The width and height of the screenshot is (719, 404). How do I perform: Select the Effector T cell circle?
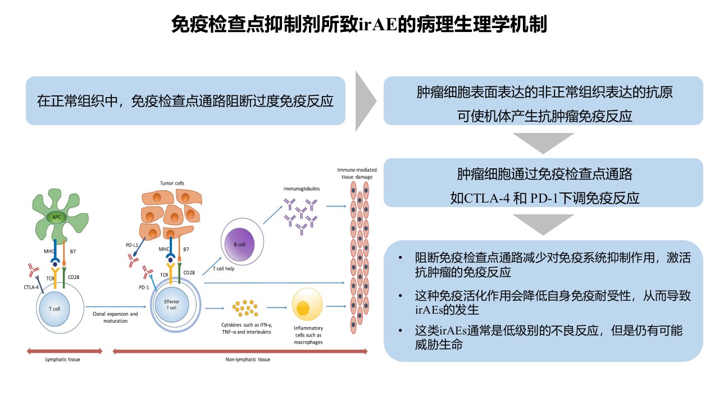tap(176, 305)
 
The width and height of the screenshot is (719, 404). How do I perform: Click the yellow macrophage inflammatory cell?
tap(307, 304)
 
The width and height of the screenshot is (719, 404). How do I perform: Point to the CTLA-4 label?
tap(31, 287)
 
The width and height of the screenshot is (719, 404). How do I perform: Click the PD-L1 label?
tap(132, 245)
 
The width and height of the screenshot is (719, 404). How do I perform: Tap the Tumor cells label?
tap(172, 183)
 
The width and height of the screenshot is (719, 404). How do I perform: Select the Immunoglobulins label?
tap(302, 189)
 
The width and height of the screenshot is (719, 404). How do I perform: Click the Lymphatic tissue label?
tap(62, 360)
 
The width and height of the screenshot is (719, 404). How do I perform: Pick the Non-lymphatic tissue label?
tap(248, 360)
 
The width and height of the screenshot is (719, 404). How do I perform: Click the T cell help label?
tap(224, 268)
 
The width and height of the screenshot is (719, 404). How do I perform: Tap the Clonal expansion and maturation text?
tap(115, 317)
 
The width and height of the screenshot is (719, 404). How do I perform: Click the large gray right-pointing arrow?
tap(365, 100)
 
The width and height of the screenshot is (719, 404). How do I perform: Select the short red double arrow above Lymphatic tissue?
tap(65, 351)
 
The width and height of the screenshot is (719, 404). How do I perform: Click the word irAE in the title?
tap(378, 24)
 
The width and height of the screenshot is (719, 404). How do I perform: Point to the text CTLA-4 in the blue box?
tap(486, 198)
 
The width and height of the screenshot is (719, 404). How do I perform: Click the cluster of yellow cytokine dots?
tap(245, 308)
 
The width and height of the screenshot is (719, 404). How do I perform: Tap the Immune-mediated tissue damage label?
tap(357, 173)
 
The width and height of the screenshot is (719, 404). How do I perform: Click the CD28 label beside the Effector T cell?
tap(189, 273)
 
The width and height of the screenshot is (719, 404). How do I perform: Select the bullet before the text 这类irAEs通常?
tap(401, 330)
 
